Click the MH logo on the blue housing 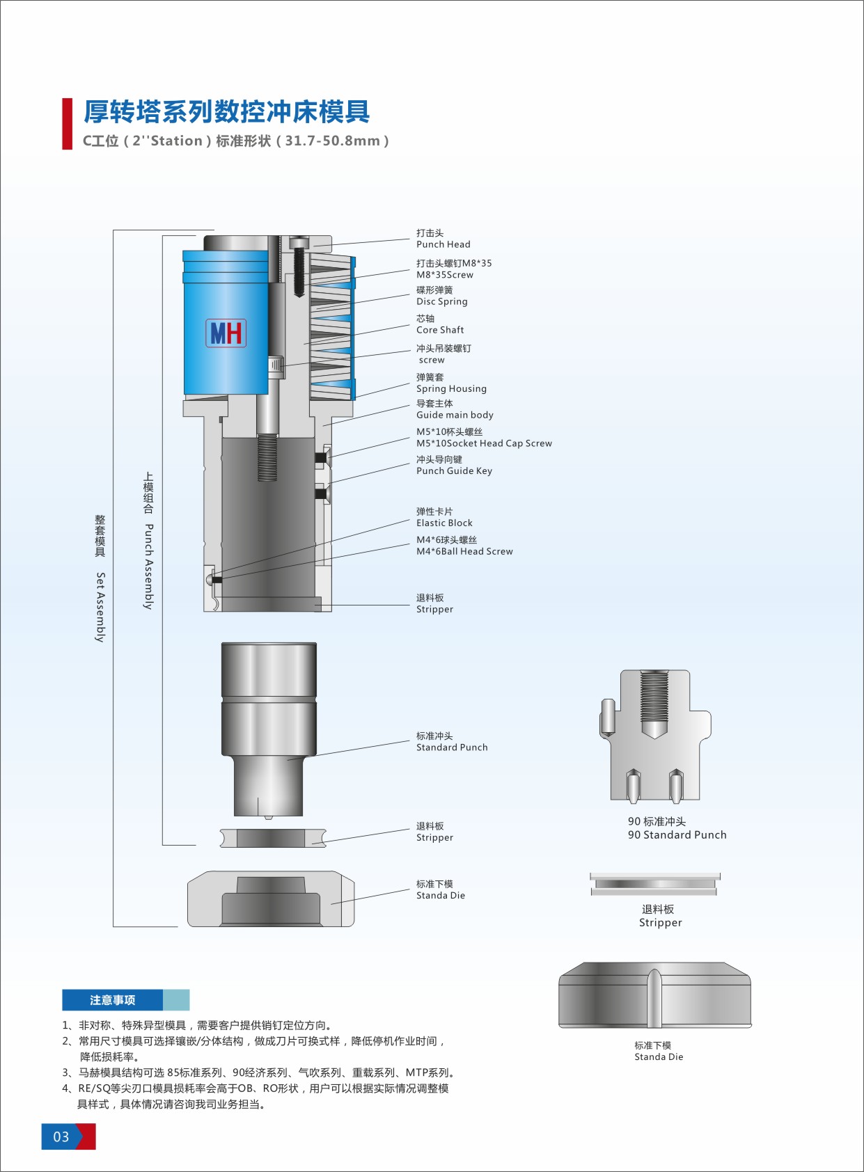(x=226, y=333)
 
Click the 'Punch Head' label (x=443, y=244)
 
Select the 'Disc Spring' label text (x=441, y=301)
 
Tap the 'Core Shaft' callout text (x=440, y=330)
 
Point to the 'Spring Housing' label (x=451, y=389)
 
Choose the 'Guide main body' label (x=455, y=415)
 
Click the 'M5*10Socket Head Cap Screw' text (x=484, y=443)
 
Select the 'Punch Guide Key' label (x=454, y=471)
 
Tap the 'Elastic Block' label (x=444, y=523)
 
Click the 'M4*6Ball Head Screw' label (x=464, y=551)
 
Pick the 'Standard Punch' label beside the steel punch (x=452, y=747)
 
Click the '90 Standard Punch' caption (x=677, y=834)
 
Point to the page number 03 (x=61, y=1137)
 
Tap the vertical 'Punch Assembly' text (x=149, y=567)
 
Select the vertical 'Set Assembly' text (x=100, y=607)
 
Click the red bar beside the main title (x=67, y=123)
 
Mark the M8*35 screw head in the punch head (x=299, y=242)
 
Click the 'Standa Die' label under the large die (x=659, y=1056)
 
